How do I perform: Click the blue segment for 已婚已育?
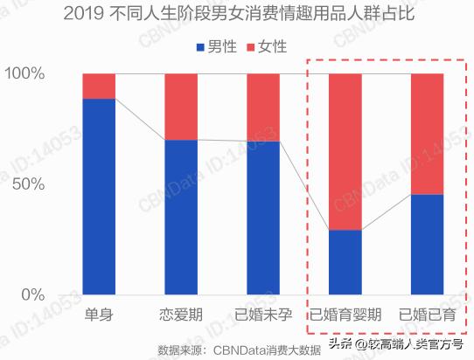pos(427,244)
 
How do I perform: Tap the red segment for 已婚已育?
pos(427,134)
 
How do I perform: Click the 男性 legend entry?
pos(215,46)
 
